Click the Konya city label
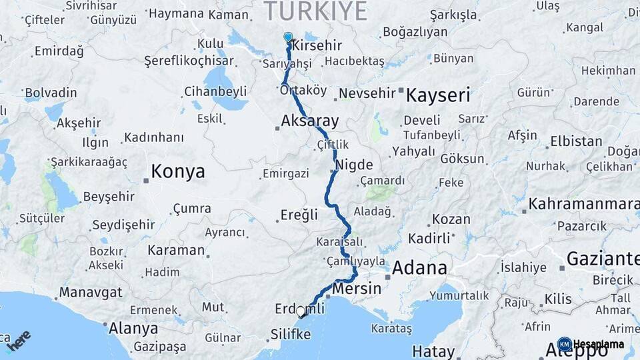pyautogui.click(x=177, y=172)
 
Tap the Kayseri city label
pyautogui.click(x=437, y=95)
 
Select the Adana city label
pyautogui.click(x=419, y=268)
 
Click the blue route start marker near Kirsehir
pyautogui.click(x=288, y=37)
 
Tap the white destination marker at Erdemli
pyautogui.click(x=301, y=311)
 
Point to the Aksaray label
pyautogui.click(x=310, y=121)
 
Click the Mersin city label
pyautogui.click(x=357, y=289)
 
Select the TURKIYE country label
pyautogui.click(x=316, y=11)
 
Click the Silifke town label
pyautogui.click(x=291, y=334)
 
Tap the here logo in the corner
pyautogui.click(x=19, y=341)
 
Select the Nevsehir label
pyautogui.click(x=367, y=93)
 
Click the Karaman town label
pyautogui.click(x=176, y=251)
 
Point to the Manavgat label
pyautogui.click(x=91, y=292)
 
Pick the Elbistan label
pyautogui.click(x=576, y=142)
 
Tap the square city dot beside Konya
pyautogui.click(x=145, y=179)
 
